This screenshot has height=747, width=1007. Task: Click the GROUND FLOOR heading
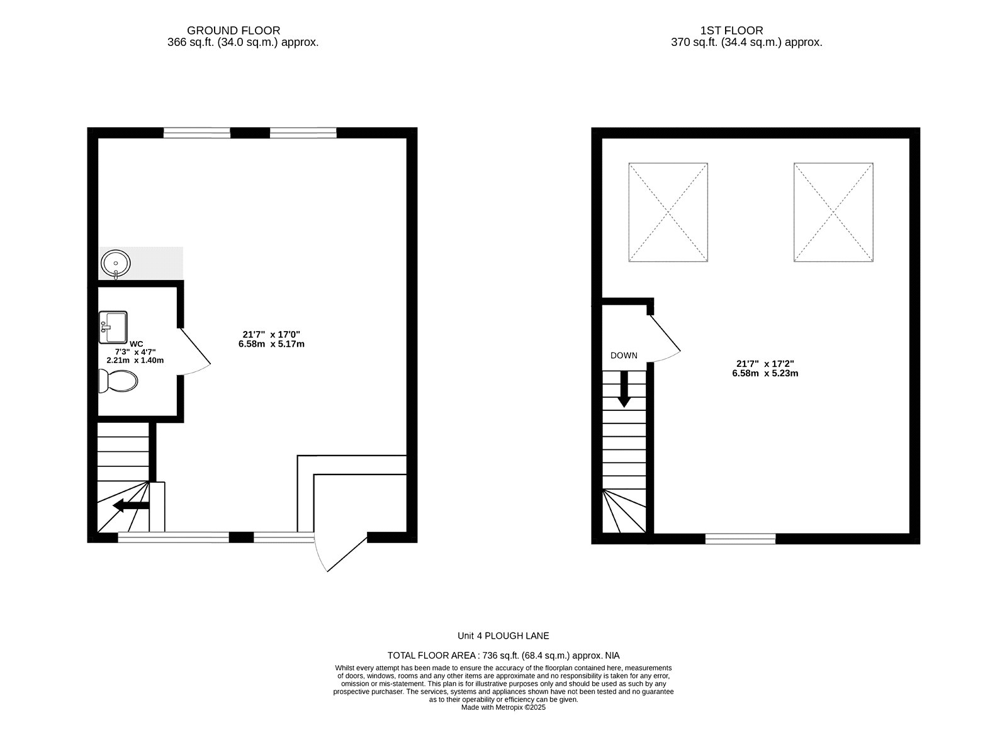coord(233,30)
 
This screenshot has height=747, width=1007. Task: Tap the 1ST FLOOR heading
coord(731,30)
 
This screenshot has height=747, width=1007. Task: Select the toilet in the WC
coord(118,381)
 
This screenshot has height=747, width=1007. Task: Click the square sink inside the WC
coord(113,327)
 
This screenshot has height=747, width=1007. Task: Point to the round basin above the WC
coord(116,264)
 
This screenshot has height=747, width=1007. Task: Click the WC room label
coord(136,344)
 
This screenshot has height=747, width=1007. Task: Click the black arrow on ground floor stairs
coord(131,505)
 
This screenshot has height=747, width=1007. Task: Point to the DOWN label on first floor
coord(624,356)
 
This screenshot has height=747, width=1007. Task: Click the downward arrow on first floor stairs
coord(624,389)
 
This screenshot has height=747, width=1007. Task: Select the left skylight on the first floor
coord(668,212)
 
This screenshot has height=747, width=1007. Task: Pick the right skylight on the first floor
coord(833,212)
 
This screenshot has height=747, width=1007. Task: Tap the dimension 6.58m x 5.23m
coord(765,373)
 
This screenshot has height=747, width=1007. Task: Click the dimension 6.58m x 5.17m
coord(271,344)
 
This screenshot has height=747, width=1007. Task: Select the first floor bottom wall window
coord(741,539)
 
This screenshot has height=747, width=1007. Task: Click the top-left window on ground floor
coord(196,133)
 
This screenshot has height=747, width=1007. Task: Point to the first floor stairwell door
coord(663,339)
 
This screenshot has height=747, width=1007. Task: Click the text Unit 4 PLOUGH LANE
coord(503,636)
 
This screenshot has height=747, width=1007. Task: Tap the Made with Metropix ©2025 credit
coord(503,707)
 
